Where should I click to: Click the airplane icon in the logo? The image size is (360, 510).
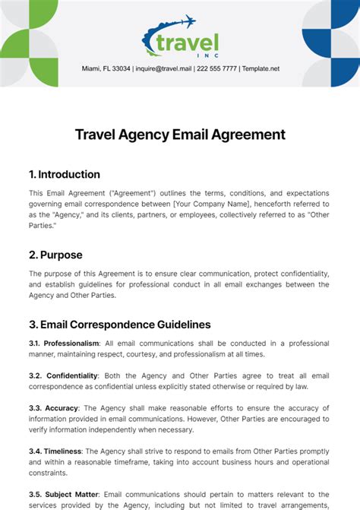point(186,22)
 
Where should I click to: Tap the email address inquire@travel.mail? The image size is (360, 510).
point(163,68)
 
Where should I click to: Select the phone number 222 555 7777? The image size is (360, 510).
point(216,68)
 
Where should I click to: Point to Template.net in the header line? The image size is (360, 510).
point(261,68)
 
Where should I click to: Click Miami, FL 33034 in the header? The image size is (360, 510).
point(106,68)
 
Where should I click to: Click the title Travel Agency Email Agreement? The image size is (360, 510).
point(180,135)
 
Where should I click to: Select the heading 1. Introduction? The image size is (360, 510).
point(65,174)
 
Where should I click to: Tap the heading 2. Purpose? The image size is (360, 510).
point(55,255)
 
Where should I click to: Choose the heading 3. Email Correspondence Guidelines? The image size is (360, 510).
point(119,325)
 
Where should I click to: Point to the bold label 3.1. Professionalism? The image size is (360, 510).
point(62,344)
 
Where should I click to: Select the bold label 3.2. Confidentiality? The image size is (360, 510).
point(64,375)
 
